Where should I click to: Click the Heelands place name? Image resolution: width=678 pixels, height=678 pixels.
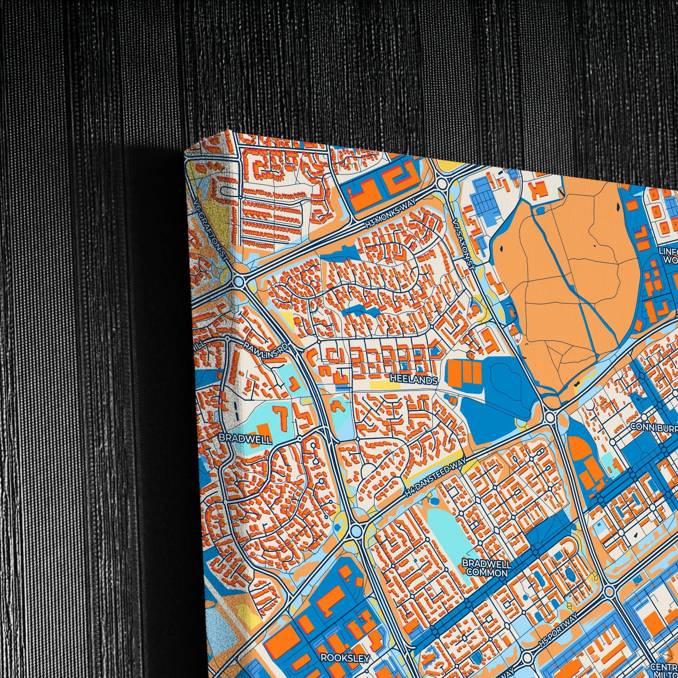pos(414,380)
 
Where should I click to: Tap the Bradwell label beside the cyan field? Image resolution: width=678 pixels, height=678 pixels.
pos(245,439)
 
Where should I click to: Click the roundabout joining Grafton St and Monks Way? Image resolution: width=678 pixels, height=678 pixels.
pos(239,281)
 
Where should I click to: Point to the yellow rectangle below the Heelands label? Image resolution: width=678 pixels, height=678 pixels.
pos(385,385)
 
